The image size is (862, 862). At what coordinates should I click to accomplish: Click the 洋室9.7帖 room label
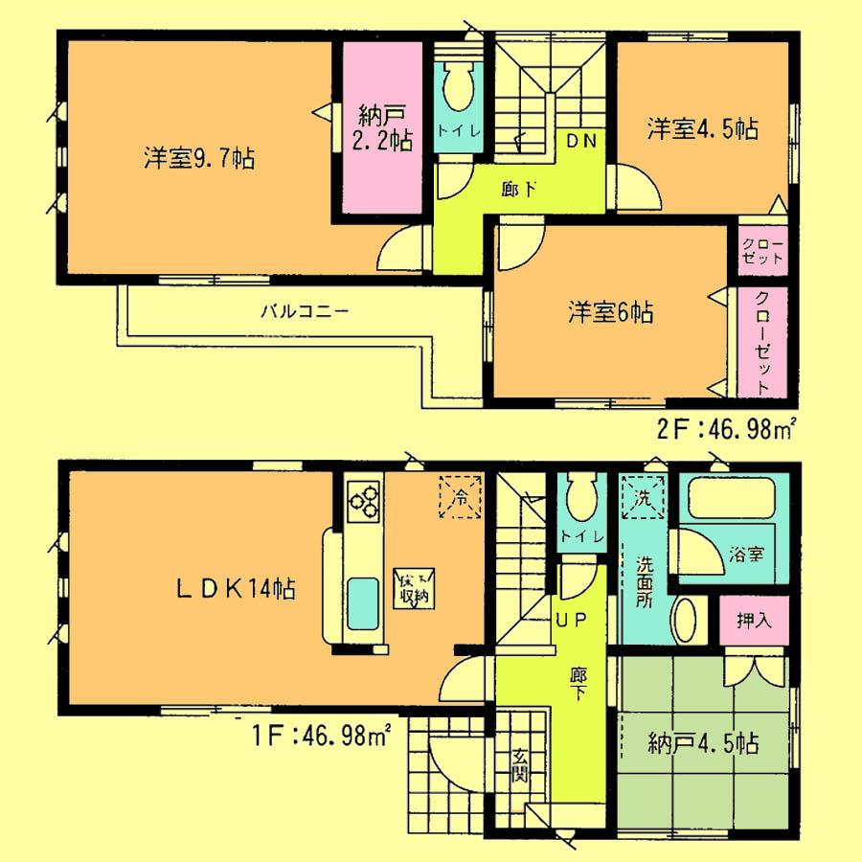[198, 159]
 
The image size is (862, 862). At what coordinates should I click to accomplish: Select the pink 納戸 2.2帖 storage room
[379, 129]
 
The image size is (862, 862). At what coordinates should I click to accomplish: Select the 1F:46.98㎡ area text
[317, 737]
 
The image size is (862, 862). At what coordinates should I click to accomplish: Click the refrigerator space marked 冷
[461, 497]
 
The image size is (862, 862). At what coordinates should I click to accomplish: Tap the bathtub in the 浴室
[734, 499]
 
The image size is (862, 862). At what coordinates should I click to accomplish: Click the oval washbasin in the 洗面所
[685, 621]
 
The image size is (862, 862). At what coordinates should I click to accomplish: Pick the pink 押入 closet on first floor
[754, 621]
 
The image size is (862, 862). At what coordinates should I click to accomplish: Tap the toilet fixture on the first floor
[581, 499]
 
